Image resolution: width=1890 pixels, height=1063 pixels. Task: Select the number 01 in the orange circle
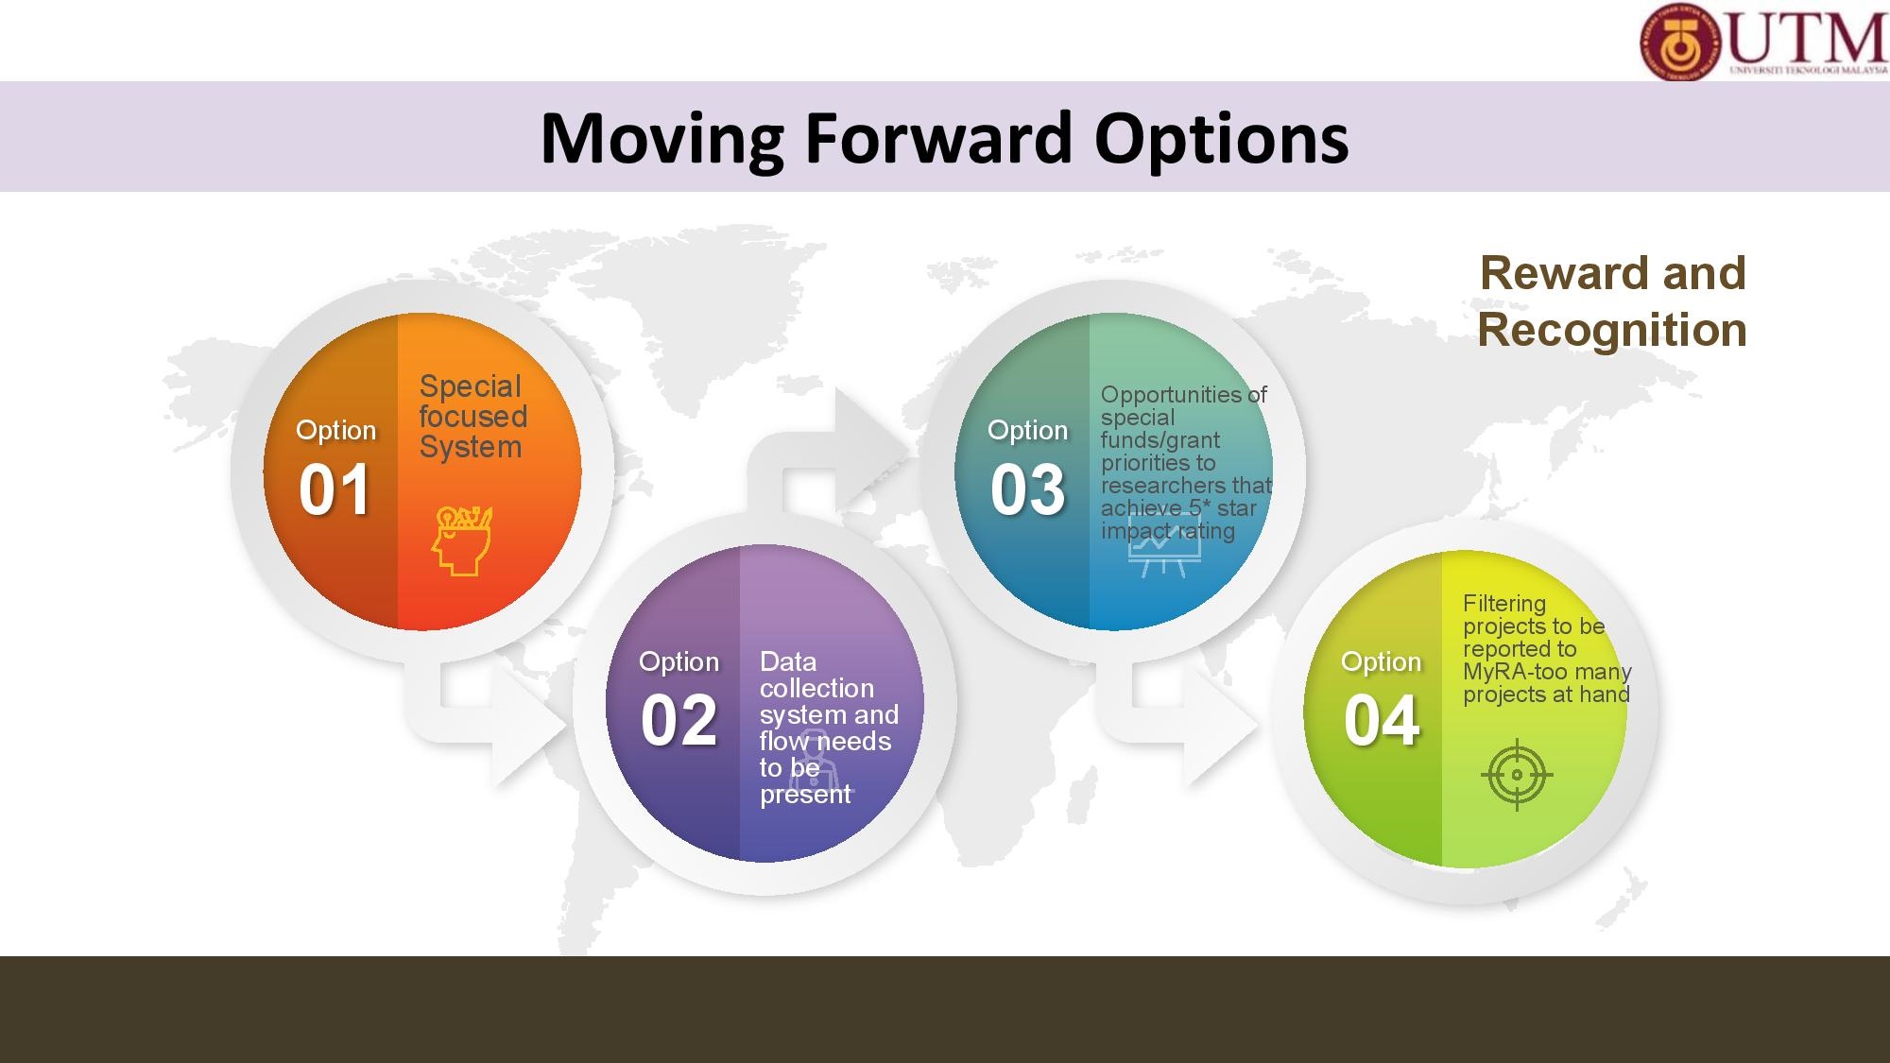pyautogui.click(x=334, y=489)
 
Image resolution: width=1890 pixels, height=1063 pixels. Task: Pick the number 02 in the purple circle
pyautogui.click(x=679, y=720)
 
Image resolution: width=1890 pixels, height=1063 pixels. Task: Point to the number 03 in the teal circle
pyautogui.click(x=1027, y=489)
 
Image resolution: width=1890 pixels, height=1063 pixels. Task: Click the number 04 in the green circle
pyautogui.click(x=1381, y=721)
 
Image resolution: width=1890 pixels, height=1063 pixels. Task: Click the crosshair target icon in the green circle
pyautogui.click(x=1517, y=775)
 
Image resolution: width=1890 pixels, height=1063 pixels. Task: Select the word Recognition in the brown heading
pyautogui.click(x=1612, y=330)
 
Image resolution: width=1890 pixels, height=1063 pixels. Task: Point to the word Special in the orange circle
pyautogui.click(x=470, y=387)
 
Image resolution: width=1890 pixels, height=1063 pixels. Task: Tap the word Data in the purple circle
pyautogui.click(x=788, y=661)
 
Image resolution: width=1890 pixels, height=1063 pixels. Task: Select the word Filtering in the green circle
pyautogui.click(x=1504, y=605)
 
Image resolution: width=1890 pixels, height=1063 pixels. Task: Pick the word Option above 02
pyautogui.click(x=679, y=662)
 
